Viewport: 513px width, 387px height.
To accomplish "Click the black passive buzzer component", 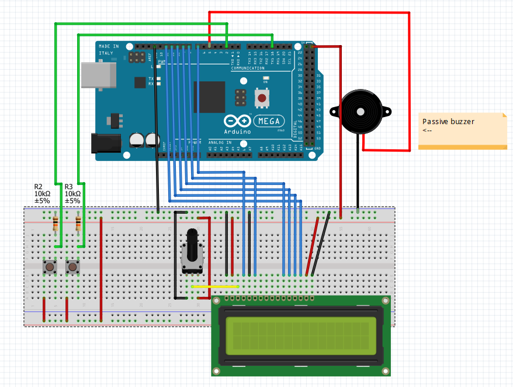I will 361,111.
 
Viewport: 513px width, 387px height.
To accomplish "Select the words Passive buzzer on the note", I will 448,122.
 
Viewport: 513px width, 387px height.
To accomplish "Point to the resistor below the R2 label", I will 56,223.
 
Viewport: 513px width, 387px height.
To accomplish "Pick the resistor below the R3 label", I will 78,223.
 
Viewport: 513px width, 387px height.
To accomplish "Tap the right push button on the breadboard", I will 72,267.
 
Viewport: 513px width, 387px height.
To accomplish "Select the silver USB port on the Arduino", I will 96,75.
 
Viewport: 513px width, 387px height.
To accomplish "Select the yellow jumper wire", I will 214,286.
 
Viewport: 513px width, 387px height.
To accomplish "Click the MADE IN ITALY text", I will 109,49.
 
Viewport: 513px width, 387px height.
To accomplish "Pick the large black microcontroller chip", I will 209,96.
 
